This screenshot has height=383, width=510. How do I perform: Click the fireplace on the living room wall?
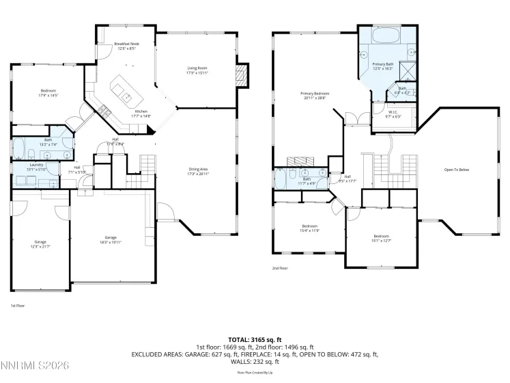pos(240,73)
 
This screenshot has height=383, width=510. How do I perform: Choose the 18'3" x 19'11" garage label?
pos(110,239)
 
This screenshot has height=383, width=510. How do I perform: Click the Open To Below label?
pos(457,170)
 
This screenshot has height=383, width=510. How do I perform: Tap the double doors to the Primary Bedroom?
pos(354,120)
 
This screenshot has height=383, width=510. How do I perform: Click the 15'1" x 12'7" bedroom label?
pos(380,238)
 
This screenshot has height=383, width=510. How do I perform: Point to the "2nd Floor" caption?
pos(280,268)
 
